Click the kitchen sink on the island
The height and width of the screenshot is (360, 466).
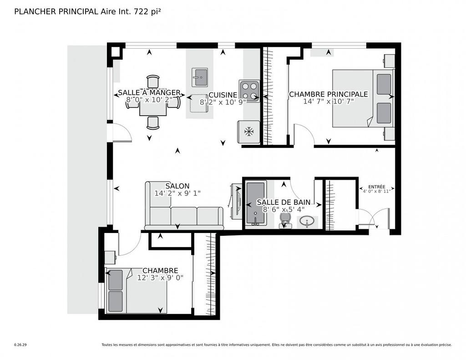pos(199,77)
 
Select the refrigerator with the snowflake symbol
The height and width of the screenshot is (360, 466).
pos(248,132)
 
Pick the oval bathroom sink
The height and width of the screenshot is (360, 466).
pos(308,222)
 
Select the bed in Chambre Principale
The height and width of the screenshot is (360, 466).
pos(362,98)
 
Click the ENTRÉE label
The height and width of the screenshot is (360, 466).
pos(376,187)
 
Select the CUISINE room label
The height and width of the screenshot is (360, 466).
pos(223,95)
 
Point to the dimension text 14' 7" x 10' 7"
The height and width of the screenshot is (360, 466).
pos(328,101)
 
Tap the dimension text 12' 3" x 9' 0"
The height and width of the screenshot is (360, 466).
pos(160,278)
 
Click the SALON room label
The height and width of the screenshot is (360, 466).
pos(177,186)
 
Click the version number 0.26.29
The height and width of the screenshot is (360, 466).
pos(20,345)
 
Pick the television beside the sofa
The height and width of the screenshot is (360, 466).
pos(237,201)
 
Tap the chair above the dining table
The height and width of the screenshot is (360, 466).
pos(153,81)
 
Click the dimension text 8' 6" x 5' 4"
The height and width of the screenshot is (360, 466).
pos(283,209)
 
